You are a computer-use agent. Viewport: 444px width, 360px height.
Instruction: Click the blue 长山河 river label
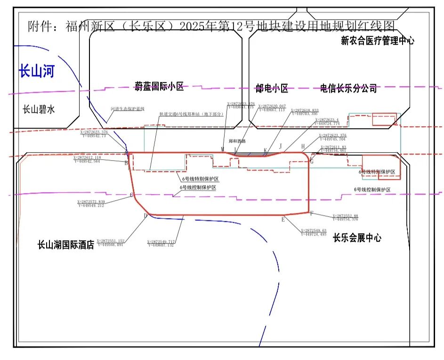click(x=36, y=72)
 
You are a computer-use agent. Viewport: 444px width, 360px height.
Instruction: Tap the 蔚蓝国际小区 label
click(x=159, y=86)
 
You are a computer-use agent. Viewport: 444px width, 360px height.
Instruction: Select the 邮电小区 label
click(x=272, y=88)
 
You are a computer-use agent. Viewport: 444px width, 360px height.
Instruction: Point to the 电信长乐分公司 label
click(x=348, y=88)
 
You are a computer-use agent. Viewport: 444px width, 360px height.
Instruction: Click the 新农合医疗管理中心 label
click(x=377, y=41)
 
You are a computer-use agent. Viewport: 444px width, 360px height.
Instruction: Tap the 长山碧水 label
click(x=39, y=109)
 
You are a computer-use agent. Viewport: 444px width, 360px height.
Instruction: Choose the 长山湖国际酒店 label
click(x=66, y=245)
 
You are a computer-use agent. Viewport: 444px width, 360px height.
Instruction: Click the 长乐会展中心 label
click(x=357, y=237)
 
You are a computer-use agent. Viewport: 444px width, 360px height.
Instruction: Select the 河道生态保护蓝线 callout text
click(x=127, y=109)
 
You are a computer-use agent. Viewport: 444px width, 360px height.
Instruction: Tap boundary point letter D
click(x=145, y=216)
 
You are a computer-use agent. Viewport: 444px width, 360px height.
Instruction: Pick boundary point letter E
click(x=283, y=219)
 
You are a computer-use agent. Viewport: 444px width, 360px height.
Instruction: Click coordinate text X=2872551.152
click(x=110, y=241)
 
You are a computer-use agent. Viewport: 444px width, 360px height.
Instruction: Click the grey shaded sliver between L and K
click(x=250, y=154)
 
